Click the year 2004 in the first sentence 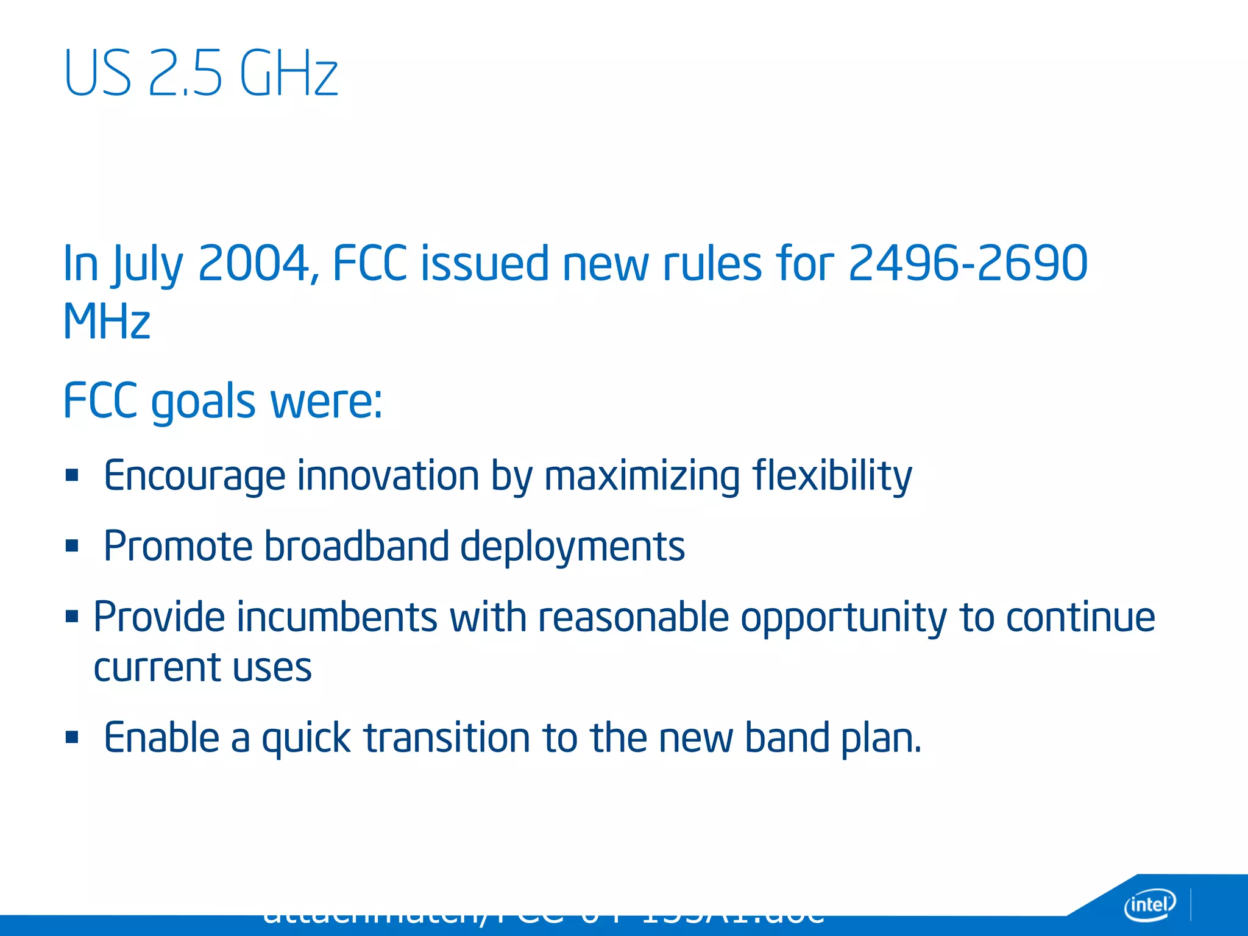coord(254,263)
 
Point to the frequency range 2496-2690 coord(968,263)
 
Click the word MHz coord(107,321)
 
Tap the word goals coord(203,402)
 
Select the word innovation coord(388,476)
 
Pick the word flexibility coord(832,476)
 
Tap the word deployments coord(572,547)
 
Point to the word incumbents coord(337,617)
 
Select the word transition coord(448,737)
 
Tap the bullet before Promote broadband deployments coord(73,545)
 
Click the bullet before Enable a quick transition coord(73,737)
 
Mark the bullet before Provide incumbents coord(73,616)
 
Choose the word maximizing coord(642,476)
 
